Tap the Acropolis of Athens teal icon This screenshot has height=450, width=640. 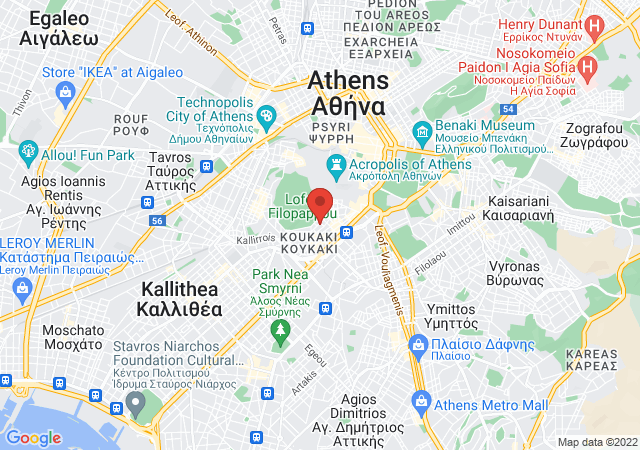point(336,164)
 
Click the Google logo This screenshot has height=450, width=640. point(33,437)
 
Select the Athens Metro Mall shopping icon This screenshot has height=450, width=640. point(421,404)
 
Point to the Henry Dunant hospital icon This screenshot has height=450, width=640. point(594,24)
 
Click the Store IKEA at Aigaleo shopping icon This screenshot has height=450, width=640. point(65,92)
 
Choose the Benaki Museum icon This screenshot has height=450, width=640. point(421,130)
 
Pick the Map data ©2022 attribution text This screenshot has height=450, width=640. point(596,442)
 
